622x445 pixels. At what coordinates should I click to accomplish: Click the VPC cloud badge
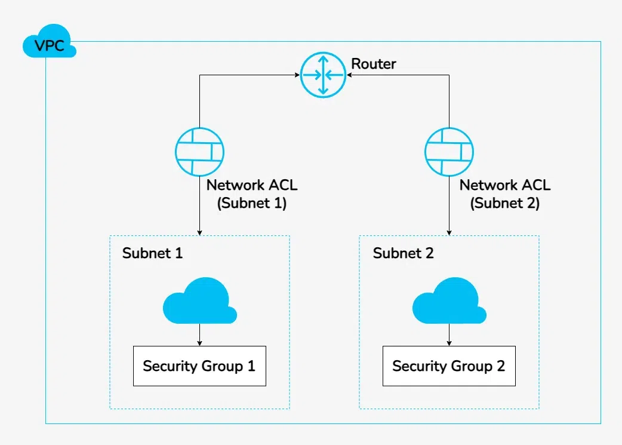(x=49, y=45)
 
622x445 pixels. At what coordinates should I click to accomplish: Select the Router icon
(x=323, y=75)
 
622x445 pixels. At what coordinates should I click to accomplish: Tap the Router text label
(x=373, y=64)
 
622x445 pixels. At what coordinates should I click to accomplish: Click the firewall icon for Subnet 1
(x=200, y=152)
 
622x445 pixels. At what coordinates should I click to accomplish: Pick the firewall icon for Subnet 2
(x=449, y=152)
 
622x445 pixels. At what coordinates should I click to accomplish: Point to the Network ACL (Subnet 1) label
(x=252, y=194)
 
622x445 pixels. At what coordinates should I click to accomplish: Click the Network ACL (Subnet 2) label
(x=505, y=194)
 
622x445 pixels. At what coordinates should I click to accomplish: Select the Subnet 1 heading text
(x=152, y=253)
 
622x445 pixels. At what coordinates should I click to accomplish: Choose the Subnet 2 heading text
(x=403, y=253)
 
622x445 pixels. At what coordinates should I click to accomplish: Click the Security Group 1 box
(x=199, y=366)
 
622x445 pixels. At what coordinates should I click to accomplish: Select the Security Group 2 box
(x=448, y=366)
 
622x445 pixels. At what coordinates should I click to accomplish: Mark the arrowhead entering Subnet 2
(x=449, y=232)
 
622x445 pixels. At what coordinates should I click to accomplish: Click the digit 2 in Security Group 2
(x=500, y=366)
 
